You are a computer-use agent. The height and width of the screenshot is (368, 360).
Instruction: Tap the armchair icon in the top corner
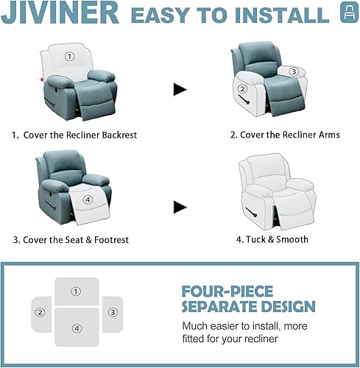click(345, 14)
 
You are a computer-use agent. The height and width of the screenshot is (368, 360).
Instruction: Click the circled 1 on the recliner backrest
click(69, 56)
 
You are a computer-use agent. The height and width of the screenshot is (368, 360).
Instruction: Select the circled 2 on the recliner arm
click(241, 89)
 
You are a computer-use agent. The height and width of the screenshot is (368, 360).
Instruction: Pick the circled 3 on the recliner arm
click(293, 71)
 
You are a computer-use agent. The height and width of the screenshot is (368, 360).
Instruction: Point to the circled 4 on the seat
click(88, 199)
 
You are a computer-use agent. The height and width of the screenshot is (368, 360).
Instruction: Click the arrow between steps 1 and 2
click(180, 89)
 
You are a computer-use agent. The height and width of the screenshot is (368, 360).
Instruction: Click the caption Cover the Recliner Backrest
click(74, 135)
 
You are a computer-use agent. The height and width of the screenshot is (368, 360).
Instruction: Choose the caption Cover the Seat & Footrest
click(74, 239)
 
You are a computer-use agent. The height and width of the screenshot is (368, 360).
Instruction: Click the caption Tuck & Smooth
click(272, 239)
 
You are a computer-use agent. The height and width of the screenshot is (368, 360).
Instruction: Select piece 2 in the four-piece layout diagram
click(40, 312)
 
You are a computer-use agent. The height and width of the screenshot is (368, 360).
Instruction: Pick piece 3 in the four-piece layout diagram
click(112, 312)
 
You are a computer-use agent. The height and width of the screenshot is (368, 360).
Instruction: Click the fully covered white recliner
click(271, 188)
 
